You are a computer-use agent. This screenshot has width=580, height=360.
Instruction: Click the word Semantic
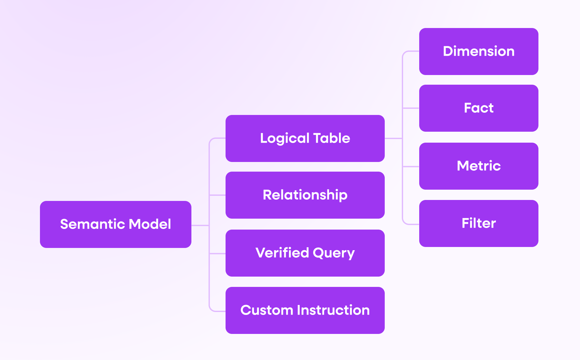point(93,224)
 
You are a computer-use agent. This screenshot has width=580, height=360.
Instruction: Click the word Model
point(150,224)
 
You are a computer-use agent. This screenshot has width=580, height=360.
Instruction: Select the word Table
point(332,138)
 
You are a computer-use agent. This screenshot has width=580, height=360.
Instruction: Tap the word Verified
point(282,253)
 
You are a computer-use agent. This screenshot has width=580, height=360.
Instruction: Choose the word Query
point(334,253)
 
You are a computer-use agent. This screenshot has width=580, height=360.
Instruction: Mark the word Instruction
point(333,310)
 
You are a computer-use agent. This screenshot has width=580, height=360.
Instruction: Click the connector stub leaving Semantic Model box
point(200,225)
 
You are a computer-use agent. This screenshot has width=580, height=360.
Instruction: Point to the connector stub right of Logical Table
point(393,138)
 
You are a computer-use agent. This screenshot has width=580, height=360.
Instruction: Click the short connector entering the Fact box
point(411,108)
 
